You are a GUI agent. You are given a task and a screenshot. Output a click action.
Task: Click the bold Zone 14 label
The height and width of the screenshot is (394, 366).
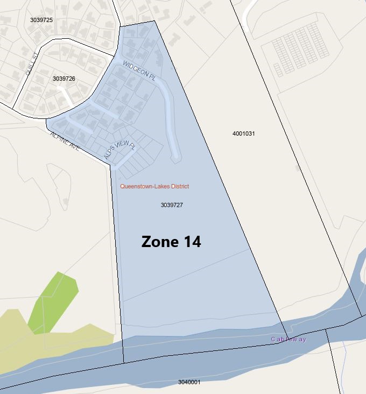[171, 242]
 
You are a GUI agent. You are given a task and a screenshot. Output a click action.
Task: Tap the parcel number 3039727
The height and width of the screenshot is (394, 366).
[172, 205]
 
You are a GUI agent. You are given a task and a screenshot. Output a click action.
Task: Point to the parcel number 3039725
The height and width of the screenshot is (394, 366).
[41, 20]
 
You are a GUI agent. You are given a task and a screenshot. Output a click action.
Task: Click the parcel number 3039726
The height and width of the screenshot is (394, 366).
[64, 79]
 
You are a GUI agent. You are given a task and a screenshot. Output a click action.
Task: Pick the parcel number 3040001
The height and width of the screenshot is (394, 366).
[189, 382]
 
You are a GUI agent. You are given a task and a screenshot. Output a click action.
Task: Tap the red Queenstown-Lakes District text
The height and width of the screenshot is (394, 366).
[154, 186]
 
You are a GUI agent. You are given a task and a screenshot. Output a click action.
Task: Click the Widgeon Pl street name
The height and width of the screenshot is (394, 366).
[139, 71]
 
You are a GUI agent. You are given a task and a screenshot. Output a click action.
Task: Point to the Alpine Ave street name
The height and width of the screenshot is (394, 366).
[65, 141]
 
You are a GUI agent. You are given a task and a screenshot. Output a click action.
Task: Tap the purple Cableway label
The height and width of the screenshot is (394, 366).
[288, 339]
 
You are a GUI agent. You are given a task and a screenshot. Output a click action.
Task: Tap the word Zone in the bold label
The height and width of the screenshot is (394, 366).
[158, 242]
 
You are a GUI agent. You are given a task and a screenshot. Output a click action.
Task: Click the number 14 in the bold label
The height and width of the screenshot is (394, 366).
[191, 242]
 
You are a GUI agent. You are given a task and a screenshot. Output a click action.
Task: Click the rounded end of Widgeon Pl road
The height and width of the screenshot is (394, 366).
[175, 157]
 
